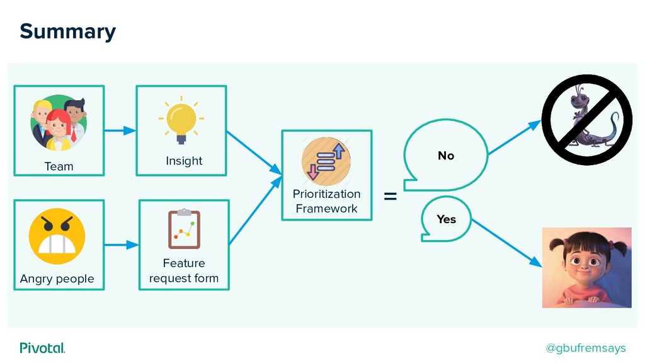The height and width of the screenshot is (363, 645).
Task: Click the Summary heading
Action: click(x=68, y=32)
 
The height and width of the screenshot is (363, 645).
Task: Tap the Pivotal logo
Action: click(x=42, y=348)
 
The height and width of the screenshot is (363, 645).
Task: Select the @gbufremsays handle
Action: click(x=585, y=348)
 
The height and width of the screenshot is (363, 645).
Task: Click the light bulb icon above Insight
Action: click(x=181, y=120)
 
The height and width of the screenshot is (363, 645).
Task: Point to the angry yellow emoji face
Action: click(x=57, y=236)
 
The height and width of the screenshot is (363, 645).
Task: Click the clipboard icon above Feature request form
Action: click(x=184, y=229)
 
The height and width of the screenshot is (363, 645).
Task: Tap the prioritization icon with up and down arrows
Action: click(x=326, y=161)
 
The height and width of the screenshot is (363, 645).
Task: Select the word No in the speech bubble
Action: click(x=446, y=156)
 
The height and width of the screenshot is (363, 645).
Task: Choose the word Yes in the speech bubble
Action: click(x=447, y=219)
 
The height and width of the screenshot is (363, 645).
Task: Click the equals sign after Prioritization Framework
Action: click(x=391, y=197)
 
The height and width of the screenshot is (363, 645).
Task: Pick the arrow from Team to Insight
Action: click(x=120, y=130)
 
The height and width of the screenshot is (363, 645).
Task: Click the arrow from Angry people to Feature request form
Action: click(x=122, y=245)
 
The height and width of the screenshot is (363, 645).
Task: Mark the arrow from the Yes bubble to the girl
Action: click(x=507, y=243)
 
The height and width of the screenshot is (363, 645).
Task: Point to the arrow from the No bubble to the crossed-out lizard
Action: click(x=515, y=137)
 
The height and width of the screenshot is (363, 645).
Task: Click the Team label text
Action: click(x=59, y=166)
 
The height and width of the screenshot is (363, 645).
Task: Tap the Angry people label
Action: click(x=57, y=279)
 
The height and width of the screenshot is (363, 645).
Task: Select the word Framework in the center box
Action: click(x=327, y=209)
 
